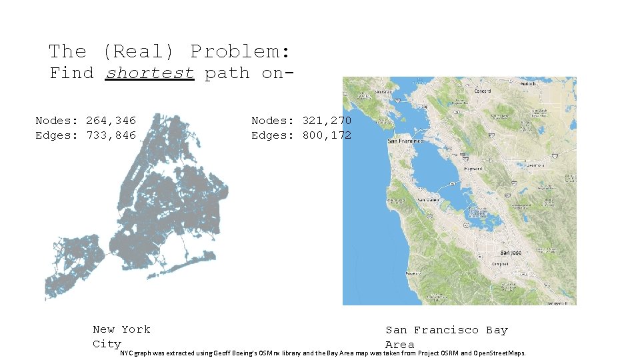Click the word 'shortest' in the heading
[150, 73]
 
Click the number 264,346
[111, 121]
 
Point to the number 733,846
[111, 135]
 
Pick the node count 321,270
[327, 121]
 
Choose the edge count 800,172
[327, 135]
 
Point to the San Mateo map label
[429, 199]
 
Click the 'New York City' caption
[121, 337]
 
